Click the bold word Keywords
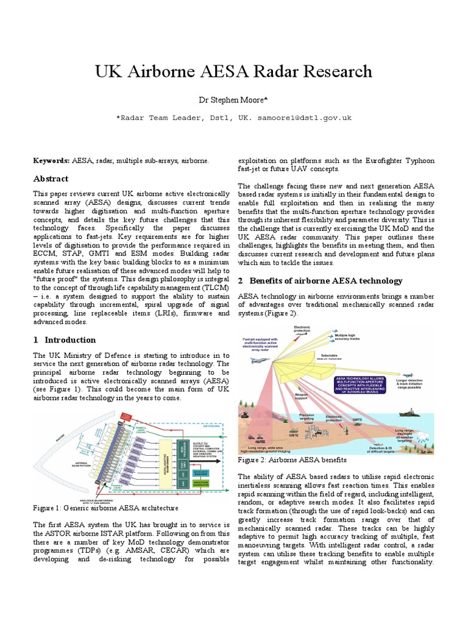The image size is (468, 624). (51, 160)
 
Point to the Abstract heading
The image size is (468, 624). (51, 179)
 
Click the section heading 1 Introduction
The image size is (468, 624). (64, 339)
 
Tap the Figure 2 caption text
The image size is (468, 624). (292, 460)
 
